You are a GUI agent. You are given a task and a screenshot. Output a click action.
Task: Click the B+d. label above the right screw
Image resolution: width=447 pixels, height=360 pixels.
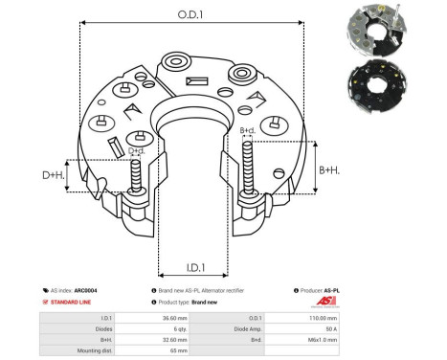(246, 130)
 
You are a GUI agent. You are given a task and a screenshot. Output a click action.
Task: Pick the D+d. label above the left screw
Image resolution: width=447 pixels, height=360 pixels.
(138, 150)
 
